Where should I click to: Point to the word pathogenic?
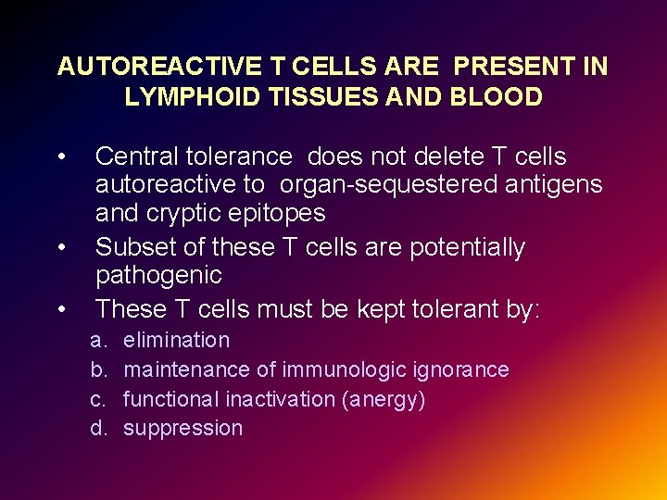[158, 275]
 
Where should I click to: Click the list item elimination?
[176, 340]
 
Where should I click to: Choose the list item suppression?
[182, 428]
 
